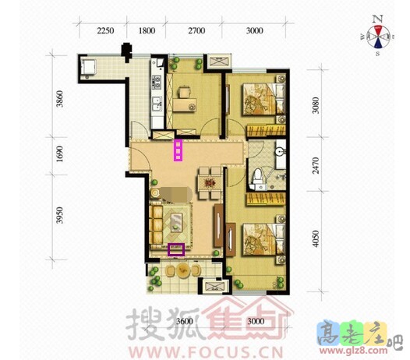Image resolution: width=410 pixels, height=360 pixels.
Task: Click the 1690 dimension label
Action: [62, 154]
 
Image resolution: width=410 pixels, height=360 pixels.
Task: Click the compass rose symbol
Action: [377, 35]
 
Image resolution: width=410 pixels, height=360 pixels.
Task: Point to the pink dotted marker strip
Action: [178, 150]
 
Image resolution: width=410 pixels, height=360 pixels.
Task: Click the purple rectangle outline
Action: [177, 250]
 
